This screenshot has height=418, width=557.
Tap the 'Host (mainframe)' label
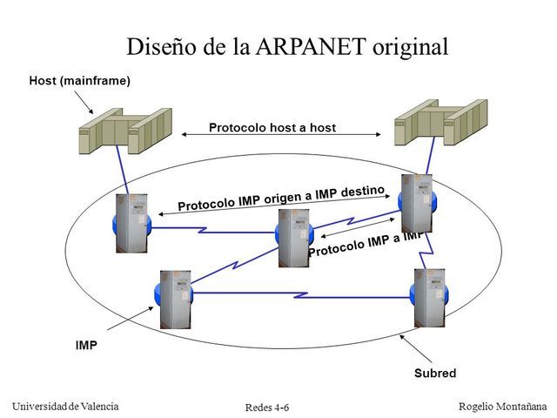click(x=79, y=81)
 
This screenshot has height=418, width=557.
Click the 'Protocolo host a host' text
click(x=272, y=128)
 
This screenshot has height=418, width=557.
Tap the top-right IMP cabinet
click(x=416, y=203)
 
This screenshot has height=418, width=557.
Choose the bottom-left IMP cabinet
click(x=174, y=299)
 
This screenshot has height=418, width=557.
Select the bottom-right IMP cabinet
click(x=429, y=296)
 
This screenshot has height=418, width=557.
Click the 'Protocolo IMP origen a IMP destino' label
click(x=280, y=198)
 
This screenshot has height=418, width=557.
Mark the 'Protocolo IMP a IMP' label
click(x=366, y=243)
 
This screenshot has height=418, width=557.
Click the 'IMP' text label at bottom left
click(x=86, y=345)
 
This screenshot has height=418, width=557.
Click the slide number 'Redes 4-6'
click(x=267, y=408)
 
